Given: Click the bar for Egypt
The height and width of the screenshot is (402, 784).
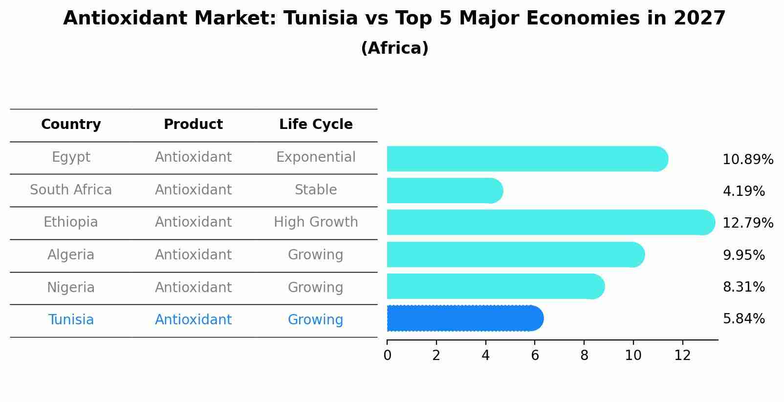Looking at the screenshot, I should click(527, 159).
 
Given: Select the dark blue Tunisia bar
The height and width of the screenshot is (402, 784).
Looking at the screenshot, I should click(464, 318).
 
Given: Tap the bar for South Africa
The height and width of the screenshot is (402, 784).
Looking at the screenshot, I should click(444, 190).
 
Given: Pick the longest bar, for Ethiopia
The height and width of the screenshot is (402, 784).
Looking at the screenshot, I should click(550, 222).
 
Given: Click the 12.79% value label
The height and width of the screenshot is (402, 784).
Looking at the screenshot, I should click(747, 223).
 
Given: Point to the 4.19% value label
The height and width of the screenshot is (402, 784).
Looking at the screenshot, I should click(743, 191).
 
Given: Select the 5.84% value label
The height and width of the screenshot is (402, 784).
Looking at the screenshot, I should click(743, 319).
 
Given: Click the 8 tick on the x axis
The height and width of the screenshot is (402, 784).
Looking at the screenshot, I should click(584, 356).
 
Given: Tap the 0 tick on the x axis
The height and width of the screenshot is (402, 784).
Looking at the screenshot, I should click(387, 356).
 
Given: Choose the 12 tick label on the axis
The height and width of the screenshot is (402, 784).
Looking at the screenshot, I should click(682, 356).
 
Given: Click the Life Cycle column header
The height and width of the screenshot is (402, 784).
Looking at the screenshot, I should click(316, 125).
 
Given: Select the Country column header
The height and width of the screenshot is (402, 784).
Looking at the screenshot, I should click(71, 125).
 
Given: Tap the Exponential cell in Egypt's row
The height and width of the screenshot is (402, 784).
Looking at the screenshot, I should click(316, 157).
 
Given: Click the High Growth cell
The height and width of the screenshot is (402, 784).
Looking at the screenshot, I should click(316, 222).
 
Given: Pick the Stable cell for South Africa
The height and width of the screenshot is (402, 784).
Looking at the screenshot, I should click(316, 190).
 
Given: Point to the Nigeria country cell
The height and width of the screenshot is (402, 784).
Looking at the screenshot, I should click(71, 288).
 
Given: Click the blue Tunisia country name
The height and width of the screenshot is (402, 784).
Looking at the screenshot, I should click(71, 320).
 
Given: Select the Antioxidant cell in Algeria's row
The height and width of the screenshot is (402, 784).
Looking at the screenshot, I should click(193, 255).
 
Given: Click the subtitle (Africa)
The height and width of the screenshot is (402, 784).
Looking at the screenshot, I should click(394, 48).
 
